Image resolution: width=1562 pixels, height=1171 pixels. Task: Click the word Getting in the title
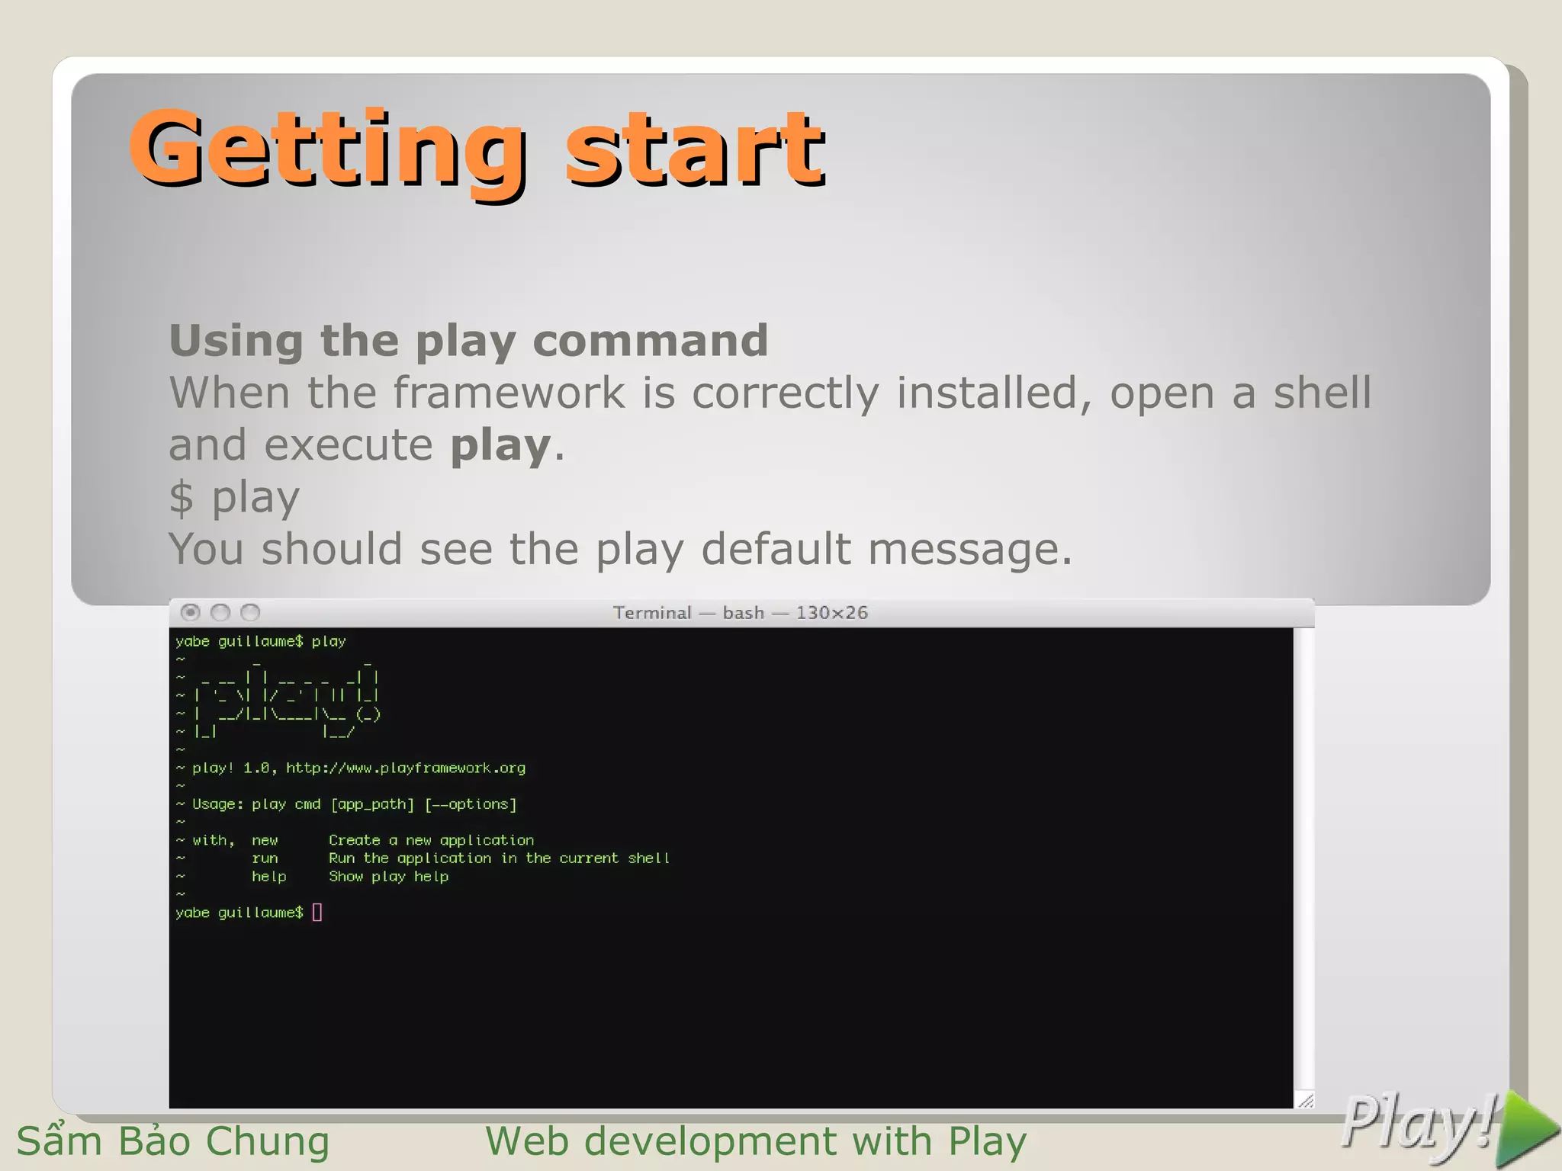[x=328, y=149]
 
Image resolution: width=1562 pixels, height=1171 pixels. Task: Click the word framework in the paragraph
[x=509, y=393]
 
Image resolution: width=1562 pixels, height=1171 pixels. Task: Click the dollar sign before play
[x=182, y=498]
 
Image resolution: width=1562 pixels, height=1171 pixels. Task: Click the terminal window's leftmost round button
[x=191, y=612]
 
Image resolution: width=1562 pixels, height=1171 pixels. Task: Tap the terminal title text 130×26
[x=832, y=613]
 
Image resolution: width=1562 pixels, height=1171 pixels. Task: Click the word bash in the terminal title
[x=743, y=613]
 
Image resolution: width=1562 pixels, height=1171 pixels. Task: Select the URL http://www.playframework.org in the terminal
[x=406, y=768]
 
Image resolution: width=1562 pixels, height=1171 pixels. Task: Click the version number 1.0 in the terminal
[x=256, y=768]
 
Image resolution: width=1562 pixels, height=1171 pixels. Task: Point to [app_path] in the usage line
[x=372, y=804]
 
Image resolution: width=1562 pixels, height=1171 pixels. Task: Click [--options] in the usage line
[x=471, y=804]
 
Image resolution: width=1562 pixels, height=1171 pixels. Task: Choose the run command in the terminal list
[x=265, y=858]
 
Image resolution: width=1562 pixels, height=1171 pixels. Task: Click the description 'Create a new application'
[x=431, y=840]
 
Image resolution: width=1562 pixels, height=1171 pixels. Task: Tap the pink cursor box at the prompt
[x=317, y=913]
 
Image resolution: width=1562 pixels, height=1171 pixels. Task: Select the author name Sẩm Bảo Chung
[x=173, y=1141]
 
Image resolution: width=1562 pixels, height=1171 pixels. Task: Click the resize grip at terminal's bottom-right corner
[x=1306, y=1100]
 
